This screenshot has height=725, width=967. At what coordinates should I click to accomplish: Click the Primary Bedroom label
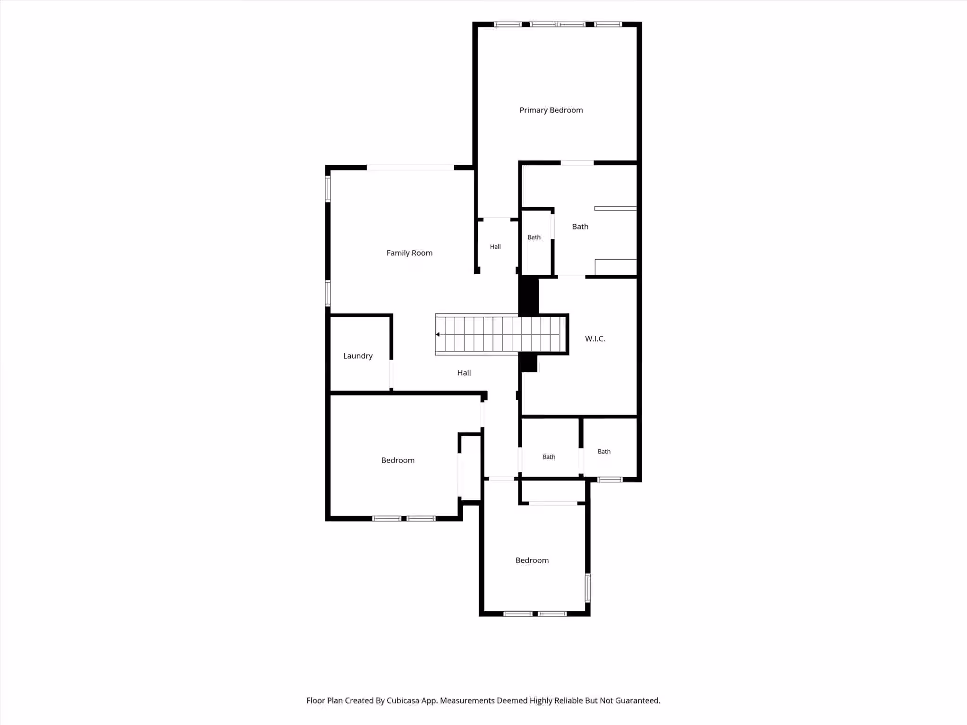[x=551, y=110]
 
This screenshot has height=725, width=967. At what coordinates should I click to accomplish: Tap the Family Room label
[x=409, y=253]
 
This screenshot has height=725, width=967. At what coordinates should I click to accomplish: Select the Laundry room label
[x=358, y=356]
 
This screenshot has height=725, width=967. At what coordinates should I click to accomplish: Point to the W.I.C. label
[x=595, y=338]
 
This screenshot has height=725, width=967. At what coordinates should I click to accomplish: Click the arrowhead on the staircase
[x=438, y=335]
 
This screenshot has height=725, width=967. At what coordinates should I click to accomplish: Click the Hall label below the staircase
[x=464, y=373]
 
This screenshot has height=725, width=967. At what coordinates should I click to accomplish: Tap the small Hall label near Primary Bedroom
[x=495, y=246]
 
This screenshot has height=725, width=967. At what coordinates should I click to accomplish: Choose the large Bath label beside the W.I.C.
[x=580, y=227]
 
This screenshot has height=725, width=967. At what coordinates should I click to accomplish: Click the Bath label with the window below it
[x=604, y=452]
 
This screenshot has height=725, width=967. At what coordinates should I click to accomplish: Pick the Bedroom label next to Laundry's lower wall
[x=398, y=460]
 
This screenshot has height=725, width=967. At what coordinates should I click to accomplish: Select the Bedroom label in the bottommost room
[x=532, y=560]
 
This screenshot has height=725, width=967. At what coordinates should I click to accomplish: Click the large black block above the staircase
[x=528, y=295]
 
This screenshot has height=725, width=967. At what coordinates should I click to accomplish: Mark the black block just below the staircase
[x=528, y=363]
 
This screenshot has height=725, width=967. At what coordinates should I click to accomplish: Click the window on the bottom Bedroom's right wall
[x=588, y=588]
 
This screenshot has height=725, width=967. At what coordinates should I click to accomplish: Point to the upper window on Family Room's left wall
[x=328, y=189]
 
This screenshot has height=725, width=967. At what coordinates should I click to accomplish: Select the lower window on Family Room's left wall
[x=328, y=293]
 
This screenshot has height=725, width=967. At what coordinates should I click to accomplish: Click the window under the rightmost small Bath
[x=610, y=480]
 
